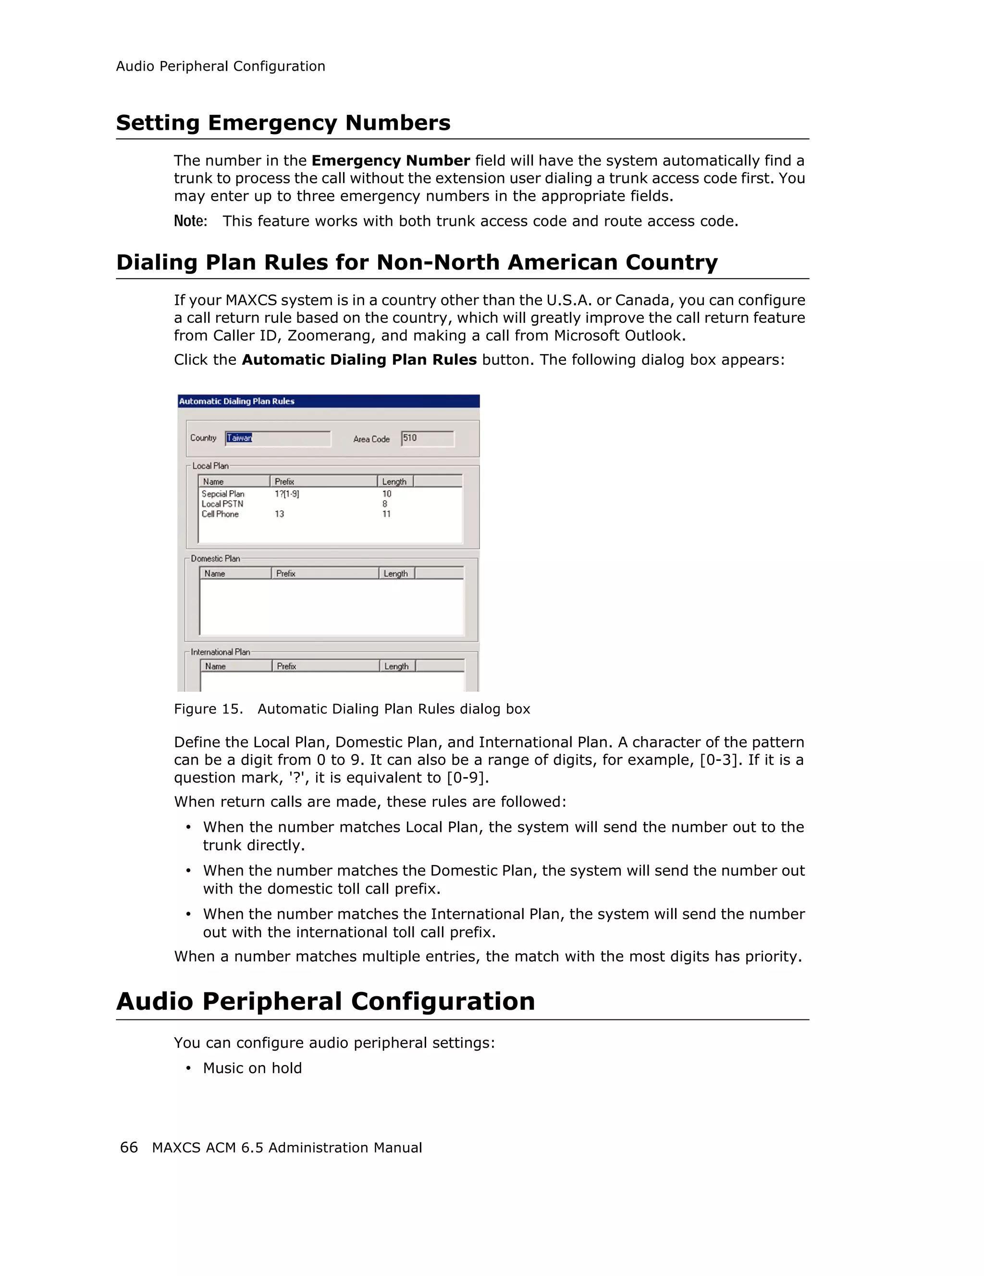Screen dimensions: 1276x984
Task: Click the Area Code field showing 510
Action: tap(427, 438)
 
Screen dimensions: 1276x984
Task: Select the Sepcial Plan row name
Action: tap(223, 494)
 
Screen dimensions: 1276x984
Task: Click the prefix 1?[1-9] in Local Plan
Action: tap(287, 494)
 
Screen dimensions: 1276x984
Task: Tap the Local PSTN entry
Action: tap(222, 504)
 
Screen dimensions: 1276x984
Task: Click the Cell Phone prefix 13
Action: tap(279, 514)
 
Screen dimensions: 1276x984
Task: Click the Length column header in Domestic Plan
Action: tap(395, 574)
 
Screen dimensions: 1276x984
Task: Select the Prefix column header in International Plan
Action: tap(287, 666)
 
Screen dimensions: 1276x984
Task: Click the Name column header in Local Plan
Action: tap(214, 482)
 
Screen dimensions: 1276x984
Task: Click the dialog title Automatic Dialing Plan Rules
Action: tap(236, 401)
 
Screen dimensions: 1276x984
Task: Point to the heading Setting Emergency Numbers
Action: tap(283, 123)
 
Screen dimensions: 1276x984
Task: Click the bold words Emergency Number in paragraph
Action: tap(391, 161)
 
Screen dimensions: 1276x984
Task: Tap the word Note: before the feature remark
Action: tap(190, 222)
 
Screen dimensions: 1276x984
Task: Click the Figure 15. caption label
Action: tap(208, 709)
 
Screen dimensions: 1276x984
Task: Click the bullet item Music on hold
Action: tap(252, 1068)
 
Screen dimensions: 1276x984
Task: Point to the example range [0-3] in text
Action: tap(721, 760)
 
